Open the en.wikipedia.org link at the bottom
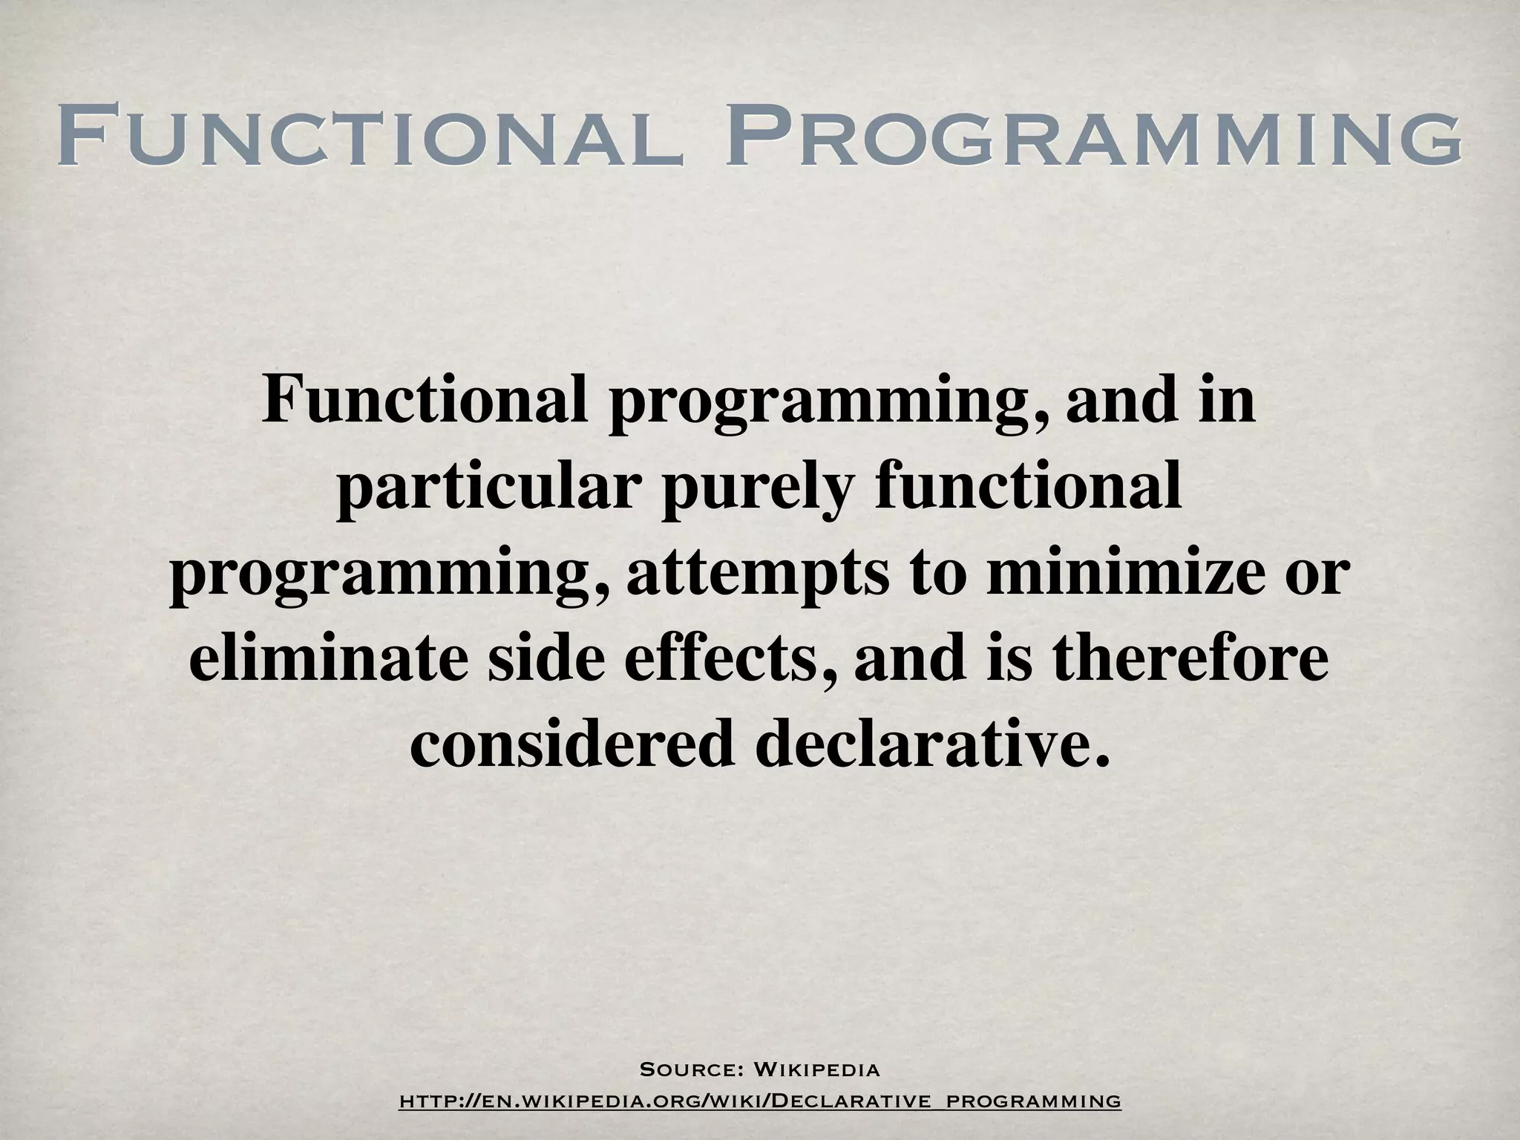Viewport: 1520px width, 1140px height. click(759, 1100)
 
